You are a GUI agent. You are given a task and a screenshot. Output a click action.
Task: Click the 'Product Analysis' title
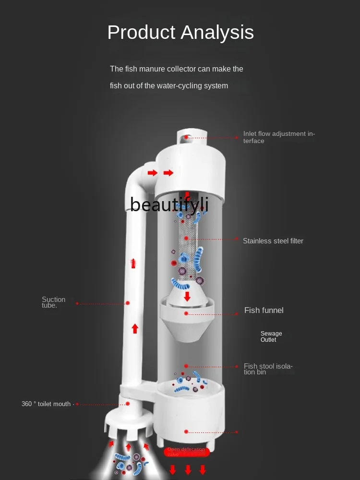pos(180,33)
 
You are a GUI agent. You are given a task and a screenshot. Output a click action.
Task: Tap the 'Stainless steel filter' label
pos(273,241)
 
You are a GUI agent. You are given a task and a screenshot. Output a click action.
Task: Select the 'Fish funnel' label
pos(264,310)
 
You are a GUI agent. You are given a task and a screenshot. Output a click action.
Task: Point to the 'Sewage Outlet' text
pos(271,336)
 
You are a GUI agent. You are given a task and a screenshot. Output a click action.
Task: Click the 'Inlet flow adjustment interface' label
pos(279,137)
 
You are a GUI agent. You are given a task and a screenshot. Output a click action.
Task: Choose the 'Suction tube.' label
pos(53,302)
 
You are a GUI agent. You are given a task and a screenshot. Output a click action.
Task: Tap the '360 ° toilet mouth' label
pos(46,404)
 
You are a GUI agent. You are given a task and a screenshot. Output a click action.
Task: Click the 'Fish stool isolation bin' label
pos(268,369)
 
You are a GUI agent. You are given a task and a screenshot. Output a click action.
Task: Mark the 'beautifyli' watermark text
pos(169,204)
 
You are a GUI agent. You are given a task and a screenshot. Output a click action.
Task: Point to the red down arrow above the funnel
pos(187,296)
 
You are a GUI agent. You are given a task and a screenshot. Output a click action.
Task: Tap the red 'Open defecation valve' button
pos(186,452)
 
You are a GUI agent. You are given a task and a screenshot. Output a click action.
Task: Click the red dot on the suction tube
pos(128,303)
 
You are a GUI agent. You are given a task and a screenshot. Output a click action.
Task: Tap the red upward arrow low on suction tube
pos(135,329)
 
